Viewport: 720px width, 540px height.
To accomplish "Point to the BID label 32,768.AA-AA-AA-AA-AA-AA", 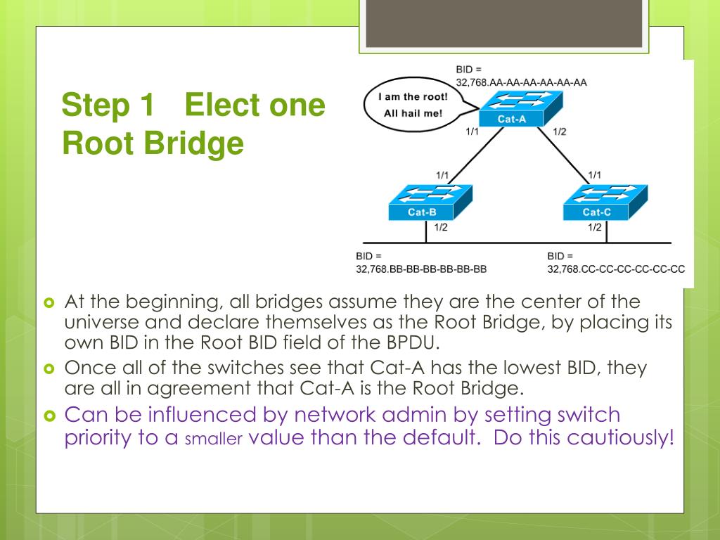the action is (521, 82).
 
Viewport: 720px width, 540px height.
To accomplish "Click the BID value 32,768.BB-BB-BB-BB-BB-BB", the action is (421, 269).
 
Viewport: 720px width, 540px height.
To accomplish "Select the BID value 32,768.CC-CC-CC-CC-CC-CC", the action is (616, 269).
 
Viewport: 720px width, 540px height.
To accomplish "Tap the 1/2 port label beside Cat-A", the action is (560, 131).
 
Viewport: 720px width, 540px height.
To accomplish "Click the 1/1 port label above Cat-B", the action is (442, 174).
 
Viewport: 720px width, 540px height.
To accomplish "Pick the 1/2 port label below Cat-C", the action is (595, 227).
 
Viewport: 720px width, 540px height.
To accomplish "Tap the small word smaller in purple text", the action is (213, 439).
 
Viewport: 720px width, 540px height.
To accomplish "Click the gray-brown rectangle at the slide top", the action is (503, 23).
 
